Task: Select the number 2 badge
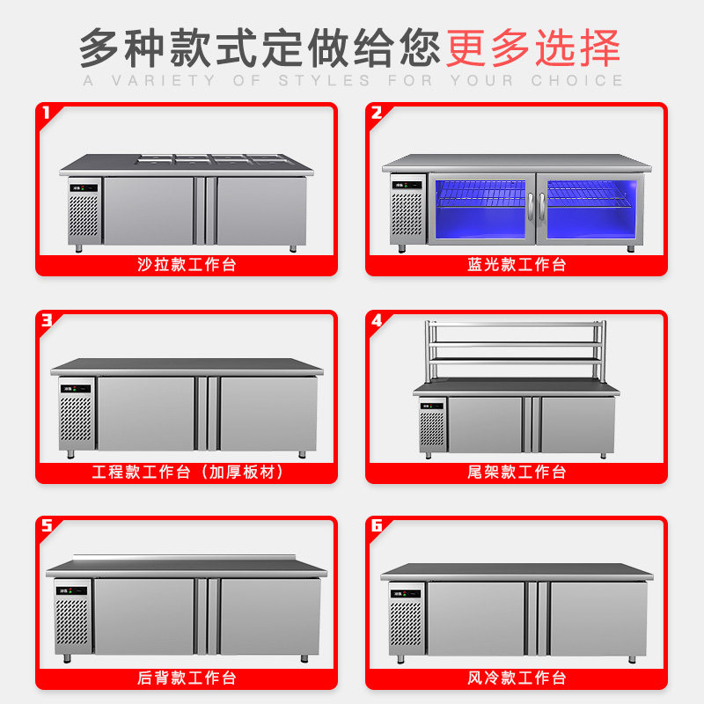pyautogui.click(x=377, y=114)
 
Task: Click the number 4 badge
pyautogui.click(x=377, y=320)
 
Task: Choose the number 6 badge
pyautogui.click(x=377, y=526)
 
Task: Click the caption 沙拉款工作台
pyautogui.click(x=187, y=264)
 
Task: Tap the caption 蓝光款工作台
pyautogui.click(x=517, y=264)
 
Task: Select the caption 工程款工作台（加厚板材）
pyautogui.click(x=187, y=472)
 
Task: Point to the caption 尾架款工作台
pyautogui.click(x=517, y=472)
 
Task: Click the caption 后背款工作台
pyautogui.click(x=187, y=678)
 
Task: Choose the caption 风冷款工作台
pyautogui.click(x=517, y=678)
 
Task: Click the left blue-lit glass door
pyautogui.click(x=480, y=210)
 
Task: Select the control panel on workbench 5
pyautogui.click(x=73, y=590)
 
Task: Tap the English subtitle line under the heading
pyautogui.click(x=352, y=81)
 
